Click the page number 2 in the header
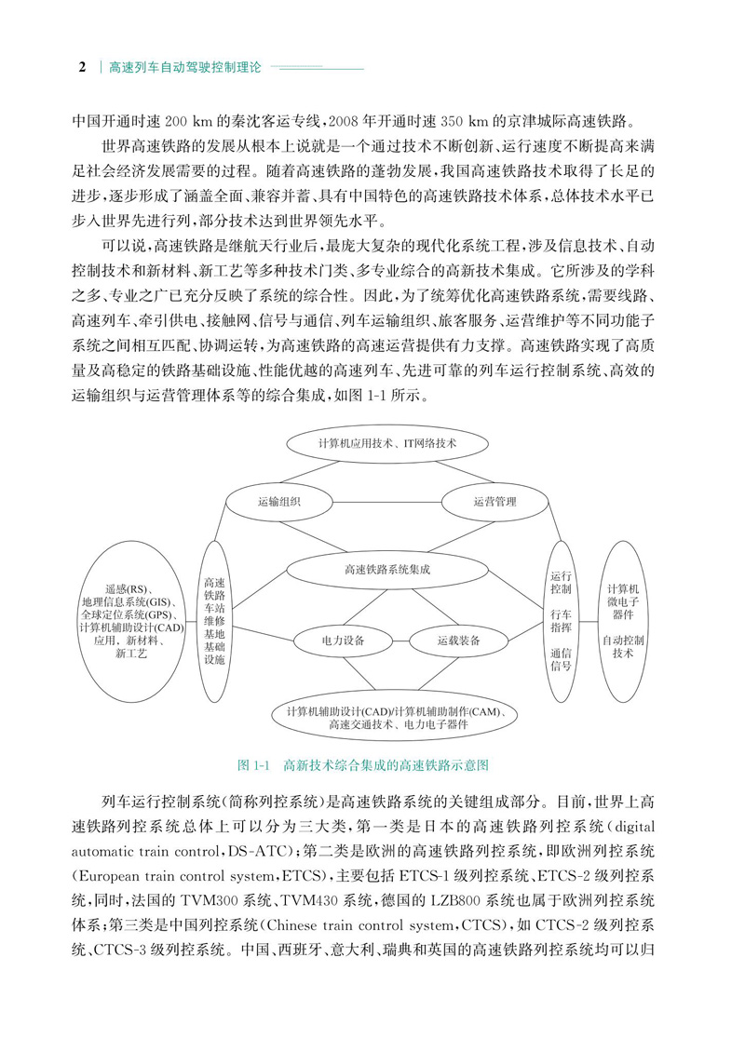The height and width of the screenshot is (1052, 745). (x=82, y=68)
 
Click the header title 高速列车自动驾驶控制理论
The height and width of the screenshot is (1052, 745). (x=185, y=68)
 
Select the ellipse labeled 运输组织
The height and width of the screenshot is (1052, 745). (x=278, y=502)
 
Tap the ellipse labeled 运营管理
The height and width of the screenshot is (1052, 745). (x=494, y=502)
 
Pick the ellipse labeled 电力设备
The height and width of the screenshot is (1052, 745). (x=343, y=641)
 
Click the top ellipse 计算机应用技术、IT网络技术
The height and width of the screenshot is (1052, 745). (x=387, y=443)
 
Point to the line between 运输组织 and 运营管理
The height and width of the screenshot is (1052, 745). (x=386, y=502)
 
